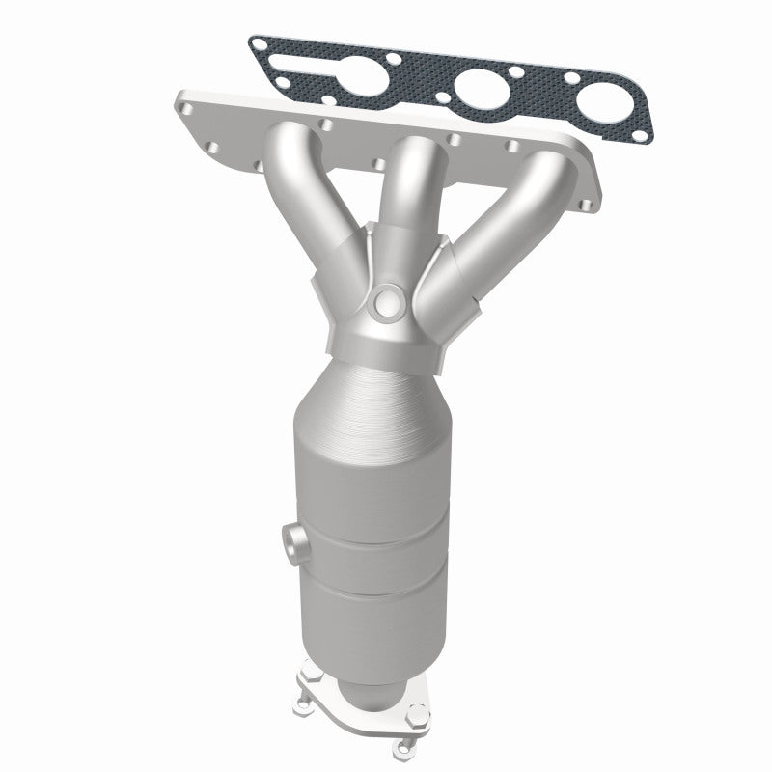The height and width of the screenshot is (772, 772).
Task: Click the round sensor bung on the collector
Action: (388, 303)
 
